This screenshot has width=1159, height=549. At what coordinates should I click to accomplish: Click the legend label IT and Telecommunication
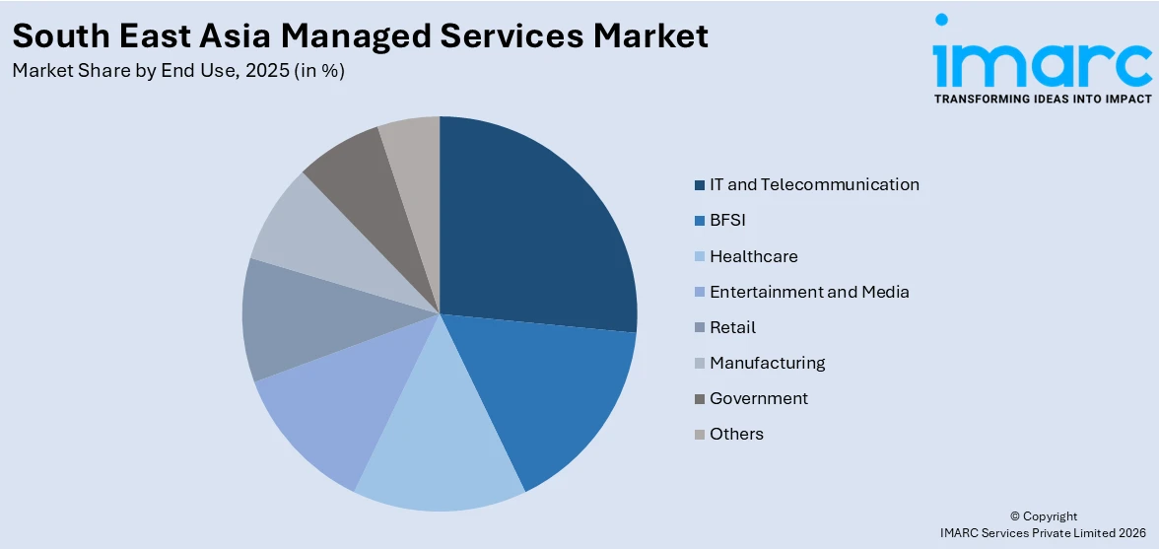[814, 184]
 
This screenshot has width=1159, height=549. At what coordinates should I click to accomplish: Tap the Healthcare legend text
[753, 256]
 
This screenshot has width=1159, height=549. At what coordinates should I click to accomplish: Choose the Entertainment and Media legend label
[809, 292]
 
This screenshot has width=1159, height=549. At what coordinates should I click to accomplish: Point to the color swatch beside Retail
[700, 328]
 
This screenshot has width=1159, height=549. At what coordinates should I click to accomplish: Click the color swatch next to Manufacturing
[700, 364]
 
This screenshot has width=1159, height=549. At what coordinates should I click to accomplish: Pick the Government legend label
[758, 398]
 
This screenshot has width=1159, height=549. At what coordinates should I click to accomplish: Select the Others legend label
[736, 434]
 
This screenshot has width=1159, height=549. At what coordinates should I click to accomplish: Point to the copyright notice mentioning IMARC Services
[1044, 532]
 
